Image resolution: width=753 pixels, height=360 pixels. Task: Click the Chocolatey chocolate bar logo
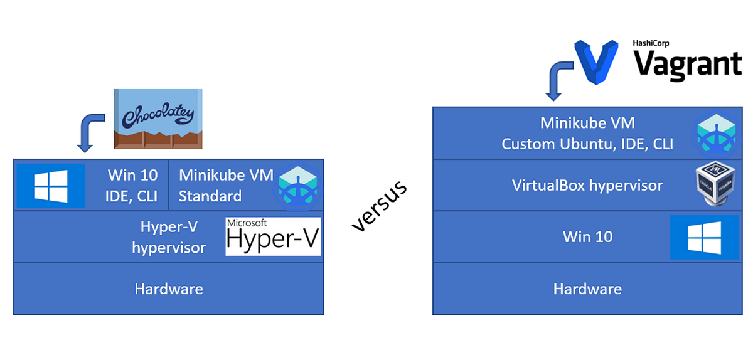coord(159,119)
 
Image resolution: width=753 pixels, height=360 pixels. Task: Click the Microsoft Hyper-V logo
coord(273,236)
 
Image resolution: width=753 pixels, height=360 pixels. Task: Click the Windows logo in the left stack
coord(51,186)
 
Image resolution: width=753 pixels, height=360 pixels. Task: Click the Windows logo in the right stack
coord(704,237)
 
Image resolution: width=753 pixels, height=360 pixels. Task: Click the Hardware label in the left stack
coord(168,289)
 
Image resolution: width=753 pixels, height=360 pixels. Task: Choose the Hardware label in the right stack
coord(587,289)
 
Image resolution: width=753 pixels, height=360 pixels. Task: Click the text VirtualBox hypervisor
coord(587,186)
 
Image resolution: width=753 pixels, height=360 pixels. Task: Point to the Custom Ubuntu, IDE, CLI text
coord(587,144)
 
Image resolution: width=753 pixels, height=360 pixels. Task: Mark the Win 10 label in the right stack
coord(587,237)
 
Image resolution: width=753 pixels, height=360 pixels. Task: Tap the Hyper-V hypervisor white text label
coord(168,237)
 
